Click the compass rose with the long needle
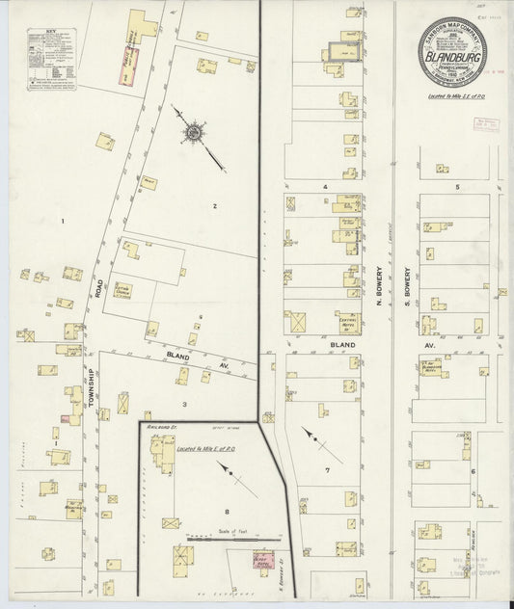(x=195, y=132)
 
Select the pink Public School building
(x=129, y=66)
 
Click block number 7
(x=328, y=469)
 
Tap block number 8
(x=227, y=512)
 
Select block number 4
(x=326, y=185)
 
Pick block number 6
(x=473, y=470)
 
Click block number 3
(x=183, y=404)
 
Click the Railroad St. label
(x=158, y=423)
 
